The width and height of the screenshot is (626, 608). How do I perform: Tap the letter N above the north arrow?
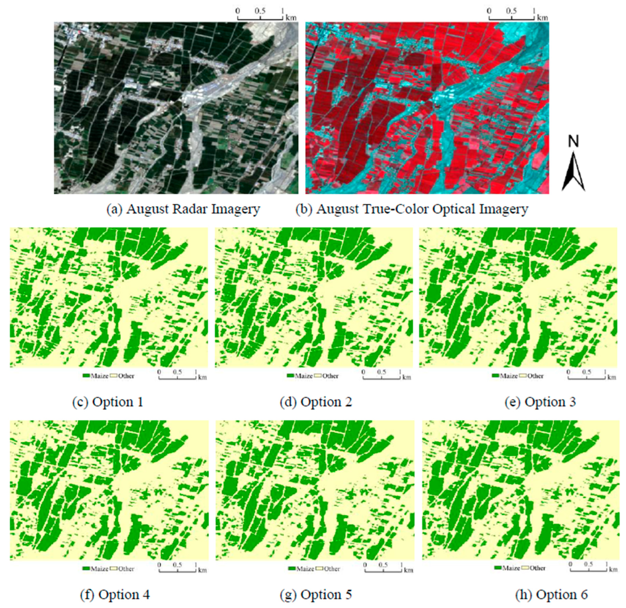pos(574,141)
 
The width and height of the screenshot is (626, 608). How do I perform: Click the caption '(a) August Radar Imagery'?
pos(183,209)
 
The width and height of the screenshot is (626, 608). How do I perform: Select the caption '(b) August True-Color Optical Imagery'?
pos(412,209)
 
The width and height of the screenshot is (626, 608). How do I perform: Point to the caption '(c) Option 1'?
pos(108,402)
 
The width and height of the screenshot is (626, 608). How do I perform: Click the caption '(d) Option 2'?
pos(316,402)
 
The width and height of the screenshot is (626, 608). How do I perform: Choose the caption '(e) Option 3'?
pos(540,402)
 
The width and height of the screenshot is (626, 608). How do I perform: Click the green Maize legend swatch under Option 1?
pos(86,376)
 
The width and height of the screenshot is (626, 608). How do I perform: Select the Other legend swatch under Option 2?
pos(318,376)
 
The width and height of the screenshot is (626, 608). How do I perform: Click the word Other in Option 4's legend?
pos(126,569)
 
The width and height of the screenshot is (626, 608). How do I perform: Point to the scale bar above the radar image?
pos(260,19)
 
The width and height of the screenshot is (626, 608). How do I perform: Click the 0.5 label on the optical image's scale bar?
pos(511,11)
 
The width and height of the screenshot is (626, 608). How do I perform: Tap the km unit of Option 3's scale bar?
pos(611,377)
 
